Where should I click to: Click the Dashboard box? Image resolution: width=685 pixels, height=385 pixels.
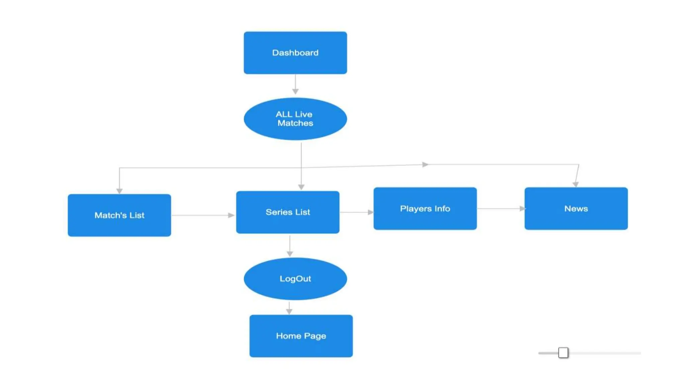point(295,53)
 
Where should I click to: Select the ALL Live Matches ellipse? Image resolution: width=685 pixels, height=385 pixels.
point(295,119)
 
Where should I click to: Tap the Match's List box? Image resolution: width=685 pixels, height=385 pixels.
point(119,215)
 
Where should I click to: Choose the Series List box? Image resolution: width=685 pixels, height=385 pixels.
point(288,212)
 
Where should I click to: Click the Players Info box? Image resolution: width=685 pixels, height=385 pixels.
point(425,209)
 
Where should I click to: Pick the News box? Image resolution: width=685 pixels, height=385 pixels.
point(576,209)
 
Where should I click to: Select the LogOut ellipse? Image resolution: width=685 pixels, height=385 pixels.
point(295,278)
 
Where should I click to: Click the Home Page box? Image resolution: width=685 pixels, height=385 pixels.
point(301,336)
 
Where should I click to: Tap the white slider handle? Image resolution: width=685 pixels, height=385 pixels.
point(563,353)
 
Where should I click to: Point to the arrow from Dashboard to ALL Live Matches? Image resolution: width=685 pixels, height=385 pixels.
point(295,84)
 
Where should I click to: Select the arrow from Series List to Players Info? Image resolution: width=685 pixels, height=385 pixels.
point(356,212)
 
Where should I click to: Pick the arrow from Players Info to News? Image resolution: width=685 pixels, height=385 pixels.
point(501,209)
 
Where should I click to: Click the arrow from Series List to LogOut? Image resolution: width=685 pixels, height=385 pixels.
point(290,246)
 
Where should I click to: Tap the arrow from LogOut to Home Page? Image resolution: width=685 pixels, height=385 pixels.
point(289,308)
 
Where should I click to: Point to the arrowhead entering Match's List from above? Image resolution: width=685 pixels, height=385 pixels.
point(119,191)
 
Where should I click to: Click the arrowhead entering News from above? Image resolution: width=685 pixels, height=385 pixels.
point(575,184)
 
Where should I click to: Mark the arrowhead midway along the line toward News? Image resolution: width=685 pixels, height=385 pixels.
point(425,164)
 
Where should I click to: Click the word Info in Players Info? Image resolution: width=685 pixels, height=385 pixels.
point(442,209)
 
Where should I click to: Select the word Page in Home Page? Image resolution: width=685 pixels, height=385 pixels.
point(315,336)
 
